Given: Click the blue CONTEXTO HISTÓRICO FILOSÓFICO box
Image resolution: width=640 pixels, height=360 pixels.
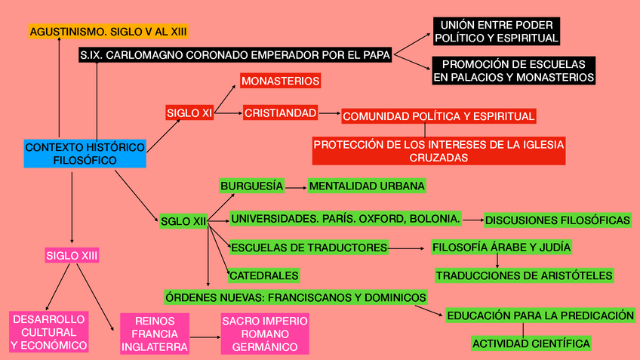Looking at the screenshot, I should point(85,153).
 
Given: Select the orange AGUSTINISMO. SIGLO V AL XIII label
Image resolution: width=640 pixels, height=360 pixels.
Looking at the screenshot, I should point(108,32).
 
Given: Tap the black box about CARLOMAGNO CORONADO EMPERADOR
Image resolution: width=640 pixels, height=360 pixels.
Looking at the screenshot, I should point(235,55).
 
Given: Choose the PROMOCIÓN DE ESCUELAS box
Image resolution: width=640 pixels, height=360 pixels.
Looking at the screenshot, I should point(513,70).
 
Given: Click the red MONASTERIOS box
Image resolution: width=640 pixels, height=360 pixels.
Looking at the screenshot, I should point(280,81).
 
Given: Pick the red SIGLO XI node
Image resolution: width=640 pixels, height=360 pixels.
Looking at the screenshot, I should point(189,113).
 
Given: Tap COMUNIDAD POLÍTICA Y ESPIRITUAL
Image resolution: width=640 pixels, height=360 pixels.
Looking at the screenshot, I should point(438,116).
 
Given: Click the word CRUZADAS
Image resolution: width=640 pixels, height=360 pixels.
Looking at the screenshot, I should point(438,158).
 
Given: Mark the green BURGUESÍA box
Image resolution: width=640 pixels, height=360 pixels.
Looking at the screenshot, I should point(252,185).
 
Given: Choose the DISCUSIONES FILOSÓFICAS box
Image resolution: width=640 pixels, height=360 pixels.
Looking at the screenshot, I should point(558,220).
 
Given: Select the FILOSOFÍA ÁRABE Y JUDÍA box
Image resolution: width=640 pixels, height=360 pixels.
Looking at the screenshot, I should point(501,247).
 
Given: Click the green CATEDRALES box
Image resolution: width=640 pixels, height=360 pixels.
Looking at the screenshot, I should point(264,275).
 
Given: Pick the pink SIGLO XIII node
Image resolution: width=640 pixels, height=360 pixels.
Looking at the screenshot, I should point(72,256).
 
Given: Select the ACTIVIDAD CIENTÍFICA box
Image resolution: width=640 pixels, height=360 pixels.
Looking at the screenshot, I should point(531,343).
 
